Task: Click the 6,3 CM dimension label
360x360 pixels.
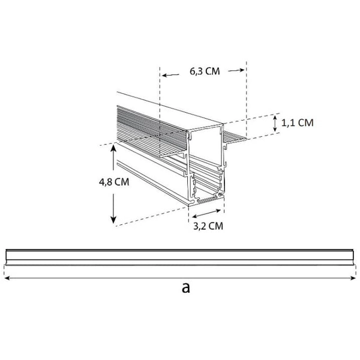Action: pyautogui.click(x=205, y=71)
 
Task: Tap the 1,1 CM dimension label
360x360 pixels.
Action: pyautogui.click(x=298, y=123)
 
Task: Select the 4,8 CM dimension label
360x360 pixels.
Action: pyautogui.click(x=114, y=182)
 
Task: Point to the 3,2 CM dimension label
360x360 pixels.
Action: pyautogui.click(x=208, y=226)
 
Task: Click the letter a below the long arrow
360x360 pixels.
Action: pyautogui.click(x=186, y=288)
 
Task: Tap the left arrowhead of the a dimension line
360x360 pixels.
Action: pyautogui.click(x=7, y=278)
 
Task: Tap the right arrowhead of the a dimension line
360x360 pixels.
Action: pyautogui.click(x=353, y=278)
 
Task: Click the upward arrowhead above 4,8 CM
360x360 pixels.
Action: pyautogui.click(x=113, y=148)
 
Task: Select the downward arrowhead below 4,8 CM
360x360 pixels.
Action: pyautogui.click(x=113, y=220)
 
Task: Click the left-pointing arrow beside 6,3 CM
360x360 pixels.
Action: pyautogui.click(x=170, y=75)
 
